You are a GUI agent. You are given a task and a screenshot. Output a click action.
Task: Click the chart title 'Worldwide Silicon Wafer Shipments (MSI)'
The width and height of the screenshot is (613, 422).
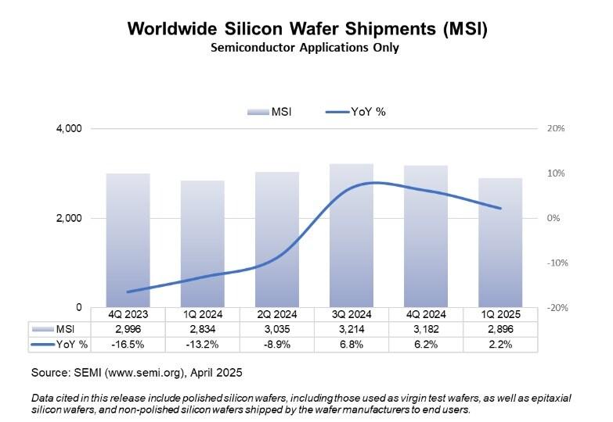coord(306,30)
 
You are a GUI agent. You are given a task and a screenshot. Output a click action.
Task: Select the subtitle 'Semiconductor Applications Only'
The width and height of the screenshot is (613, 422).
coord(306,48)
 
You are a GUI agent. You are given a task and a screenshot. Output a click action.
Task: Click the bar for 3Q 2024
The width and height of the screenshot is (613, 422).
coord(351,235)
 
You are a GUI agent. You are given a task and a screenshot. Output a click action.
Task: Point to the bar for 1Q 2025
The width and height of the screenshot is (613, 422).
coord(499,242)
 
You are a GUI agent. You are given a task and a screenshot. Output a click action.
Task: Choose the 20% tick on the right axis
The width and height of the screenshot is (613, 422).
coord(556,128)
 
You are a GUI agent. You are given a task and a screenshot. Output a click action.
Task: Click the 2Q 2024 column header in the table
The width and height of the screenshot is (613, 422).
coord(276,315)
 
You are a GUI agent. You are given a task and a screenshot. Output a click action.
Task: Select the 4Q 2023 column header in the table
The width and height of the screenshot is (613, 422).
coord(128,315)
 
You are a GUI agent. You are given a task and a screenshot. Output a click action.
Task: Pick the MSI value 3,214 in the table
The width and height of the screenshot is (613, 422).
coord(351,329)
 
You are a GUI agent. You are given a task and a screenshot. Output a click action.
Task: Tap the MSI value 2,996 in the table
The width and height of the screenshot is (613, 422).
coord(128,329)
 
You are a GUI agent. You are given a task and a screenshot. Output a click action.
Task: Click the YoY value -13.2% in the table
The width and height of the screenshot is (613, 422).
coord(202,344)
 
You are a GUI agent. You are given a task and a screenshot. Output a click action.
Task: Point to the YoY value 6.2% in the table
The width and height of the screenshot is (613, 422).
coord(425,344)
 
